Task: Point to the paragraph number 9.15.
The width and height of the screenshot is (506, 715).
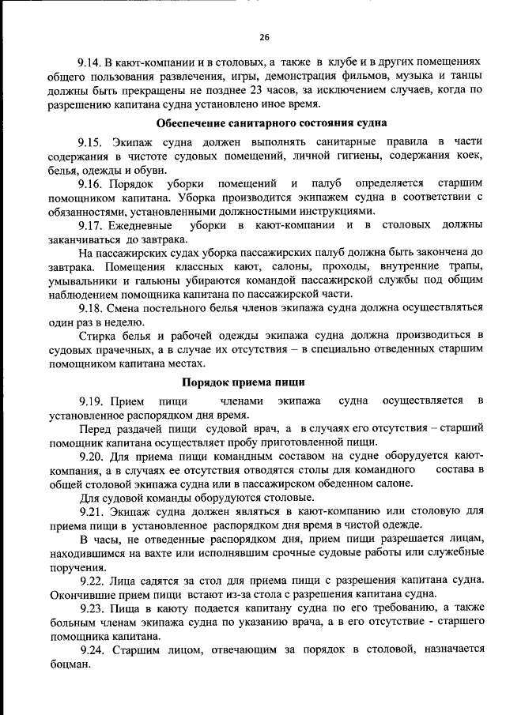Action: click(92, 142)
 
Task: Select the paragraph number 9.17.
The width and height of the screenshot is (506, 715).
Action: click(92, 225)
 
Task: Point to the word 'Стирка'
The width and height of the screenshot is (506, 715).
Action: click(98, 336)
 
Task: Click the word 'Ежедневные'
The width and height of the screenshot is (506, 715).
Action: click(153, 225)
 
